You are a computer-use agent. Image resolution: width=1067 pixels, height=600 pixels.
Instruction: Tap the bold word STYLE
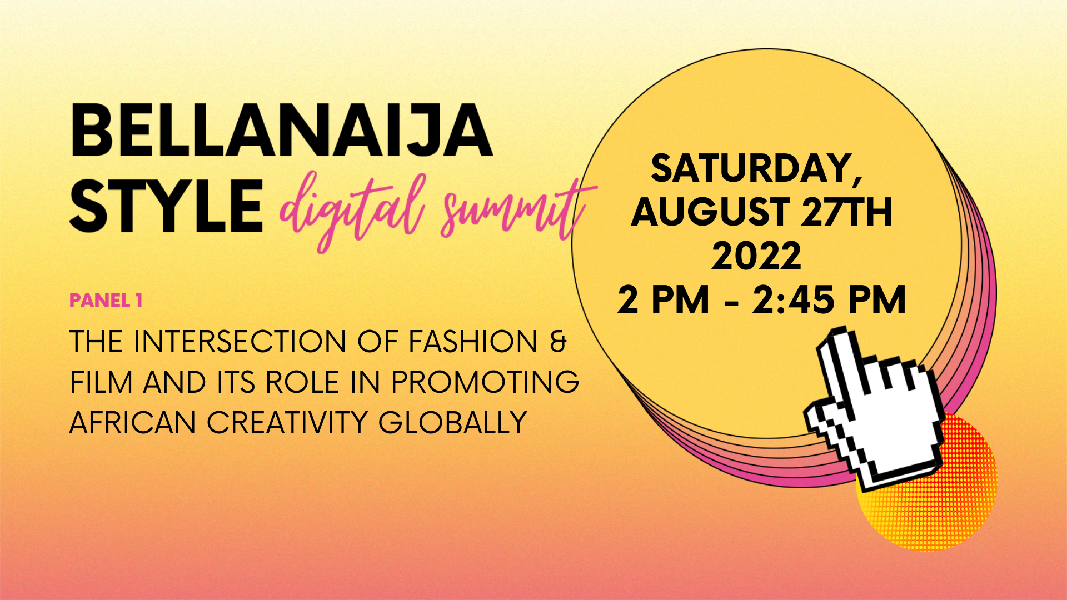[166, 206]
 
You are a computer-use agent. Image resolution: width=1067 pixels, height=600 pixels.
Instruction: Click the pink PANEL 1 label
[106, 301]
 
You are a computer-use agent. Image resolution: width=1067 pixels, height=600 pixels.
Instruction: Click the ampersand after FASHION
[558, 341]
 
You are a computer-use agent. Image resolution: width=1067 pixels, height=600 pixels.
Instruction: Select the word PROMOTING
[485, 382]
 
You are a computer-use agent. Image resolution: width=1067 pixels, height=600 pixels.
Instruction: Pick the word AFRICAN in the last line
[133, 423]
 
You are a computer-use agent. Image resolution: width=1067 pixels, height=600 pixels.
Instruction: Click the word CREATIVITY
[287, 423]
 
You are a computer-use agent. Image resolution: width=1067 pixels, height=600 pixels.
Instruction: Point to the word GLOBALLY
[452, 423]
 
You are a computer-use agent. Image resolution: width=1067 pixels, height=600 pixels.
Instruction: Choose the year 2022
[756, 256]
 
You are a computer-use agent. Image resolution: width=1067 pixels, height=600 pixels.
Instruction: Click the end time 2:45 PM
[829, 301]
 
